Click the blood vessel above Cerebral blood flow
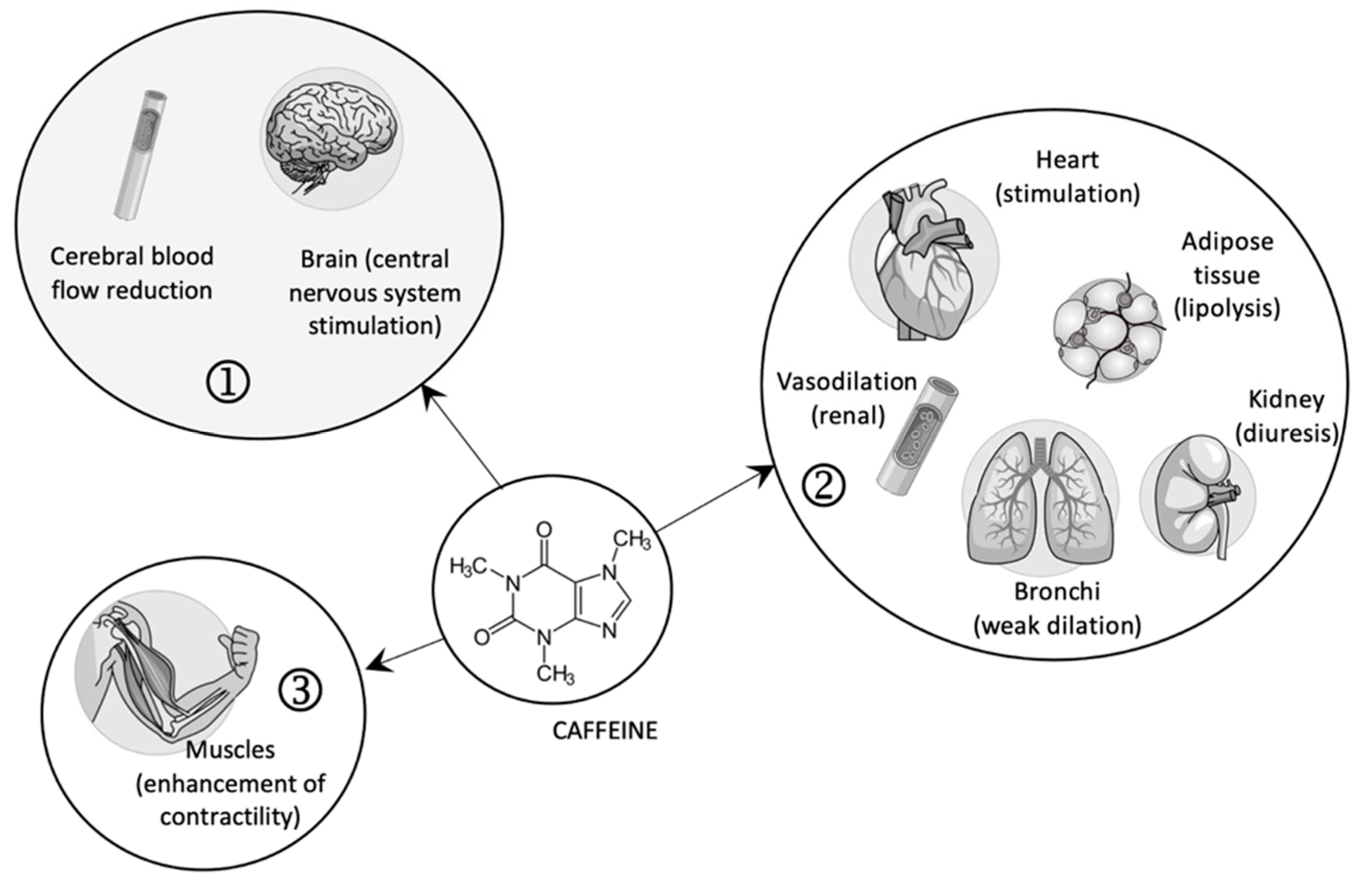pyautogui.click(x=140, y=155)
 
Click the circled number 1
pyautogui.click(x=228, y=384)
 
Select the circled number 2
pyautogui.click(x=823, y=486)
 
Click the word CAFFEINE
pyautogui.click(x=604, y=731)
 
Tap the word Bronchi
pyautogui.click(x=1057, y=591)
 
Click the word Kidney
pyautogui.click(x=1285, y=399)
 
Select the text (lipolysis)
pyautogui.click(x=1227, y=309)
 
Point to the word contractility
pyautogui.click(x=230, y=817)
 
